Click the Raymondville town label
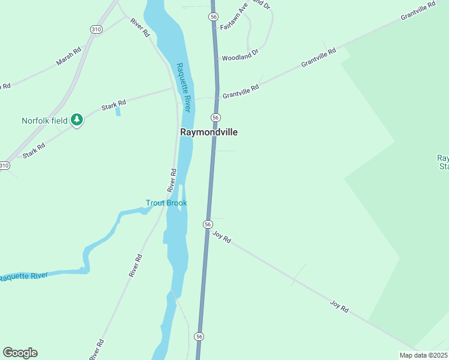(x=208, y=132)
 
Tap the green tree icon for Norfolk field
(x=76, y=120)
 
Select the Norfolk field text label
(x=44, y=121)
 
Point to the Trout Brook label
(x=166, y=203)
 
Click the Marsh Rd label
(x=68, y=58)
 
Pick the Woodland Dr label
(x=240, y=55)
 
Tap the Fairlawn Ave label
(x=234, y=19)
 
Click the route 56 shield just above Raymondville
(x=215, y=116)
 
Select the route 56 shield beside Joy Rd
(x=208, y=224)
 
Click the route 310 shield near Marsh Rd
(x=96, y=29)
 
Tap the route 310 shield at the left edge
(x=4, y=166)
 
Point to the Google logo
(x=20, y=353)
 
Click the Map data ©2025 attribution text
(x=423, y=355)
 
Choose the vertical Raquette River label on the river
(x=184, y=87)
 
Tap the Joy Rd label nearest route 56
(x=221, y=237)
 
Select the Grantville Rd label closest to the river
(x=240, y=92)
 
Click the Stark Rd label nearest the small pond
(x=113, y=105)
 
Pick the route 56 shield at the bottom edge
(x=199, y=337)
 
